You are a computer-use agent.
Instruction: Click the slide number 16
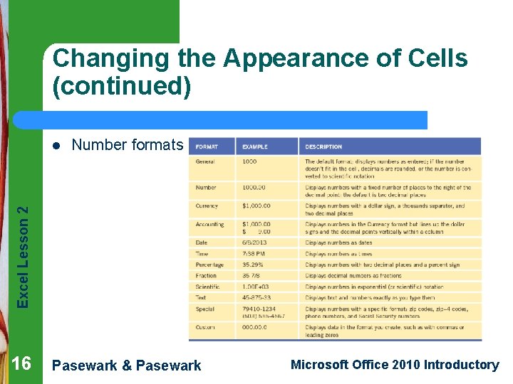coord(21,364)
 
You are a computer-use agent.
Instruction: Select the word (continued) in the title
coord(122,86)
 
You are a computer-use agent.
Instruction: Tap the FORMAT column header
coord(207,147)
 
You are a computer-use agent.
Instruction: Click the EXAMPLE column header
coord(254,147)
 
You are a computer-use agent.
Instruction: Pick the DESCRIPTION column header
coord(323,147)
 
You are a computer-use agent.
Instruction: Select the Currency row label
coord(207,206)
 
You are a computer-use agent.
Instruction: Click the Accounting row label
coord(209,225)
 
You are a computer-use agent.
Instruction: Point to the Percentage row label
coord(209,265)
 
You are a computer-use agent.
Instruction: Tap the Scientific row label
coord(208,287)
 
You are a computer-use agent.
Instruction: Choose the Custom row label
coord(205,328)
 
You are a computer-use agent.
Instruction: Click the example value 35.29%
coord(254,265)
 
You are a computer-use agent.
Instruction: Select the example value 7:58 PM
coord(254,254)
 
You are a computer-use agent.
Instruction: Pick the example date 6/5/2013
coord(254,243)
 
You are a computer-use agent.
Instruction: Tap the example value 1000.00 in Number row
coord(254,188)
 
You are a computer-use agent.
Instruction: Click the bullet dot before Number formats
coord(57,146)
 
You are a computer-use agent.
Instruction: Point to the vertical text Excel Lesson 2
coord(24,257)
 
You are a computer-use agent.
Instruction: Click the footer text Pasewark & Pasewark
coord(128,366)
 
